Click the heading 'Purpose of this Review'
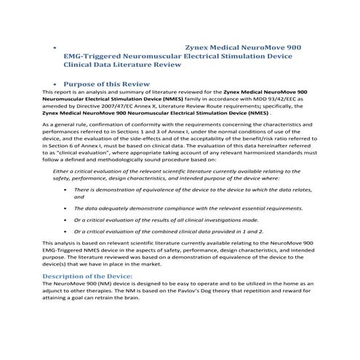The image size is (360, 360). (x=107, y=83)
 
